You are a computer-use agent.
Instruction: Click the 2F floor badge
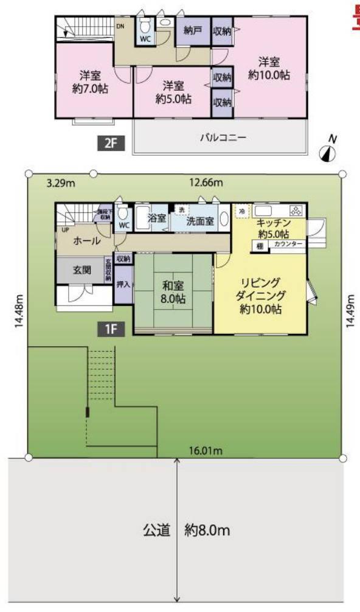(111, 144)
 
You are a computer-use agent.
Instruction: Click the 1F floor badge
(111, 329)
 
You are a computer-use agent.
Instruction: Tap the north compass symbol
(328, 151)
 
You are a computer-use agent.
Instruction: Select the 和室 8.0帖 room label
(174, 292)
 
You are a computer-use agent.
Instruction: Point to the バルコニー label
(223, 138)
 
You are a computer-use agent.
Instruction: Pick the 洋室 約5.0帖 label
(173, 92)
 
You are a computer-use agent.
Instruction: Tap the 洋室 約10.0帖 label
(268, 68)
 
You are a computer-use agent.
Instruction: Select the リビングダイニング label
(258, 296)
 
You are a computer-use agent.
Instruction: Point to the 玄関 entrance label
(82, 270)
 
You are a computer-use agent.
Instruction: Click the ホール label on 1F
(86, 242)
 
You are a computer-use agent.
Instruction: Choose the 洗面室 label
(200, 221)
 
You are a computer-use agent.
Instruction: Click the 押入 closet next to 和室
(123, 283)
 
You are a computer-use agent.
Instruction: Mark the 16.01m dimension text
(206, 451)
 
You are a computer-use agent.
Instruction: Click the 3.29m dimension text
(61, 182)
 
